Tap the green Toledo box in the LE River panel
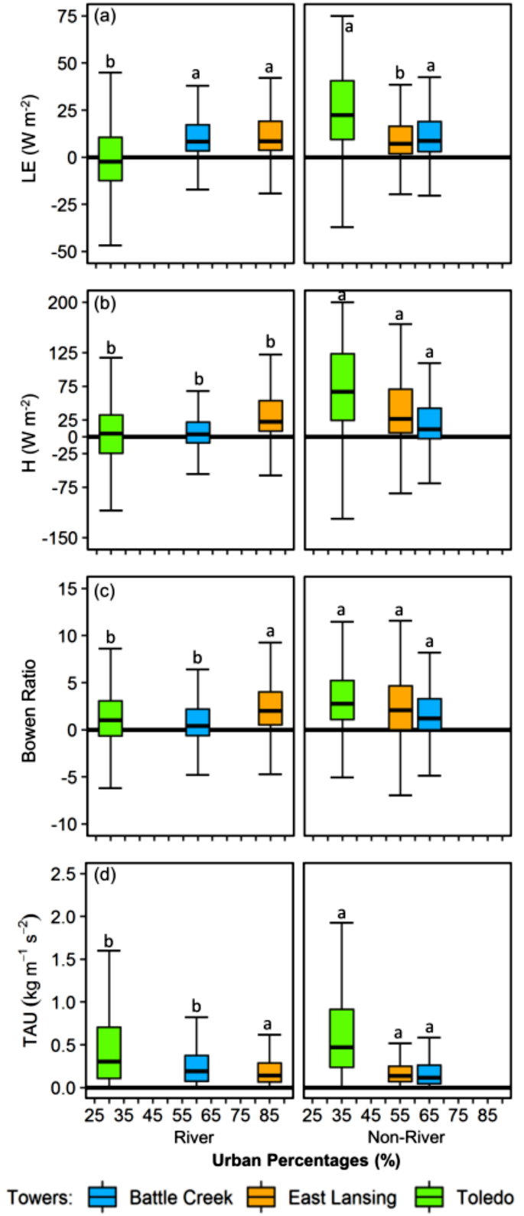click(110, 159)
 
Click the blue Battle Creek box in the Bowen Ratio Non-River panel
click(429, 714)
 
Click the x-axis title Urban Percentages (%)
click(306, 1160)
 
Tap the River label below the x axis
click(194, 1137)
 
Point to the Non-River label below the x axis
click(406, 1137)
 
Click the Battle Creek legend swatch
click(102, 1195)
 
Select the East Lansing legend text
click(342, 1196)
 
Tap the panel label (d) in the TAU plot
click(104, 874)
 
